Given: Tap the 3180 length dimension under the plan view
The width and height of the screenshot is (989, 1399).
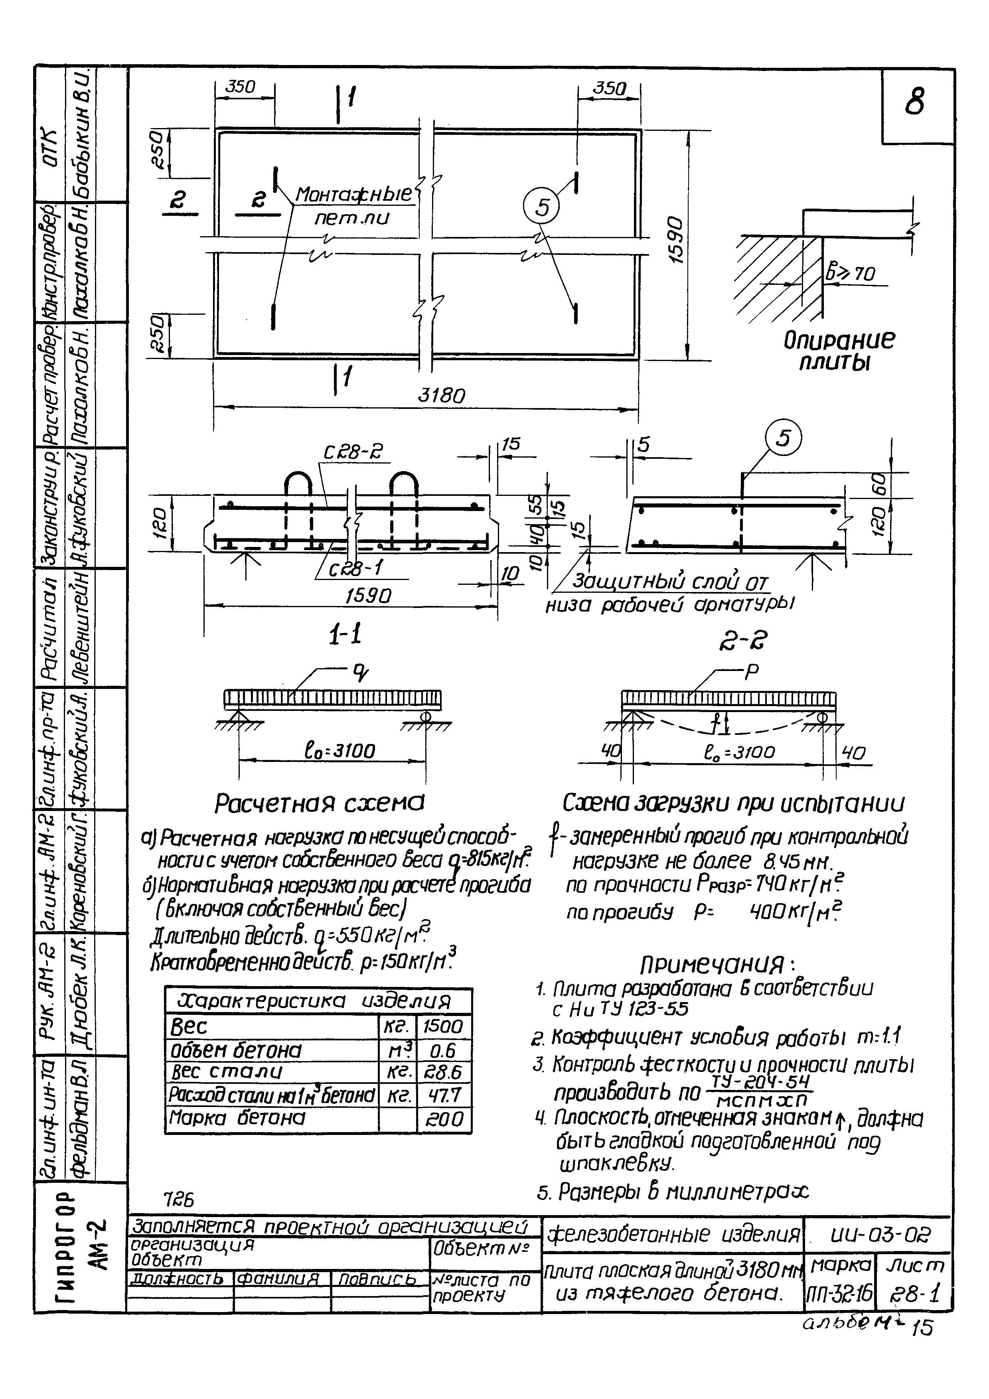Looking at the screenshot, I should point(441,396).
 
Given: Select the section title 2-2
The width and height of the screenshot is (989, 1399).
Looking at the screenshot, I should point(747,640).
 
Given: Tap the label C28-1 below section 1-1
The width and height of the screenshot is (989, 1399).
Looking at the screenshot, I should point(356,568).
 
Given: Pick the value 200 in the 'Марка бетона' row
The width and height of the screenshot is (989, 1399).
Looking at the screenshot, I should point(444,1119).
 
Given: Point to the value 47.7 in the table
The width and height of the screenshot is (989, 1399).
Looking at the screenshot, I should point(444,1096).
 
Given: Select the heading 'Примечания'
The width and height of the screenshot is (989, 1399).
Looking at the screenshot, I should point(719,964).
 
